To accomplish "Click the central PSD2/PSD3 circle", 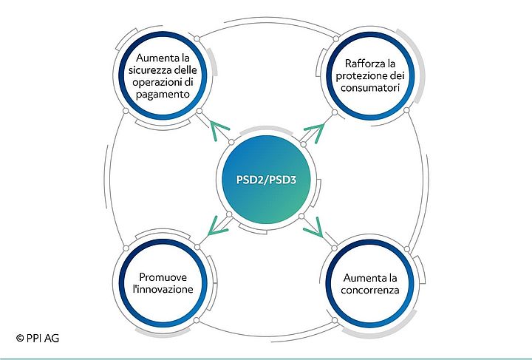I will tap(267, 180).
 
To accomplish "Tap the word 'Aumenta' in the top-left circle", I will tap(154, 58).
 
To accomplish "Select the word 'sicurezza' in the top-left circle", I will tap(150, 71).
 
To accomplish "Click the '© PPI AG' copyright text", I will tap(37, 339).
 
